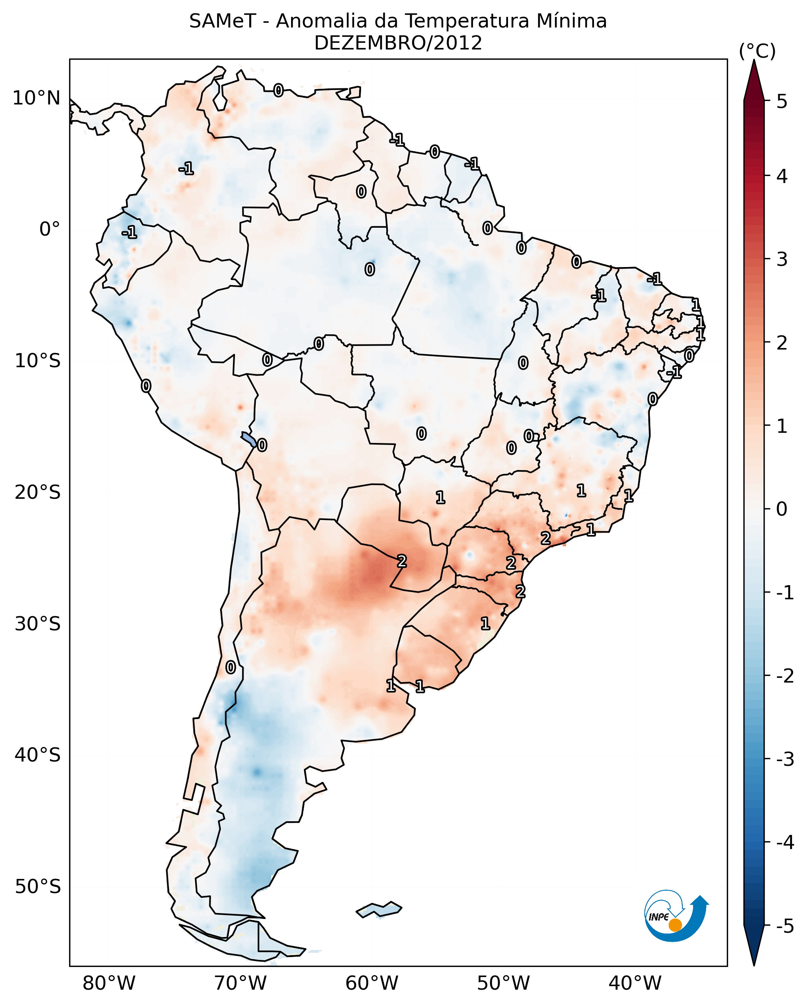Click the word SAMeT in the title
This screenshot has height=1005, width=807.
pyautogui.click(x=222, y=22)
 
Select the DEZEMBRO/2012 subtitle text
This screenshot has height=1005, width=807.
pyautogui.click(x=398, y=43)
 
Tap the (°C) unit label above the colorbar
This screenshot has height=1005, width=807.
pyautogui.click(x=757, y=51)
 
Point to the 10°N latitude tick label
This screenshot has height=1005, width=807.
pyautogui.click(x=37, y=98)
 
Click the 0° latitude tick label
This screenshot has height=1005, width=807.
pyautogui.click(x=50, y=229)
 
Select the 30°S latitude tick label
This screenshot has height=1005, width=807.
pyautogui.click(x=37, y=624)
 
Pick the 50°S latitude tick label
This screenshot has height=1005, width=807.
pyautogui.click(x=37, y=887)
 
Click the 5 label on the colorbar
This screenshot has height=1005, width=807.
pyautogui.click(x=782, y=102)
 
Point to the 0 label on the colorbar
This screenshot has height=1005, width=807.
pyautogui.click(x=782, y=509)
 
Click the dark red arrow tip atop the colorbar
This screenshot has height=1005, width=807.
pyautogui.click(x=754, y=79)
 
